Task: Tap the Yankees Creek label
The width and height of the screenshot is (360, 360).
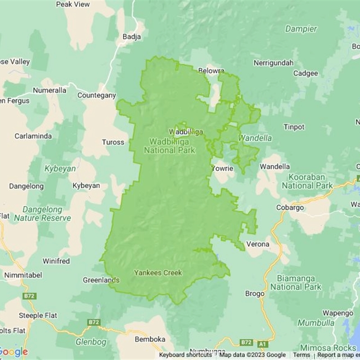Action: click(x=158, y=273)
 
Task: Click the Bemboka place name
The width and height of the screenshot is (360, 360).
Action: click(x=150, y=339)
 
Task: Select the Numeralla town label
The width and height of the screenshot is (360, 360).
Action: click(x=49, y=90)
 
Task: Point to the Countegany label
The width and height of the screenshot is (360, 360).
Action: click(x=96, y=95)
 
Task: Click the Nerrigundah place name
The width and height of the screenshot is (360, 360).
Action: click(x=273, y=63)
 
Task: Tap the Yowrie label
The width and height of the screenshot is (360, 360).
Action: click(x=223, y=169)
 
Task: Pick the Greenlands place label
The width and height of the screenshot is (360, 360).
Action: click(x=101, y=280)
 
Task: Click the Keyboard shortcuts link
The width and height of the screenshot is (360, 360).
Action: click(x=185, y=355)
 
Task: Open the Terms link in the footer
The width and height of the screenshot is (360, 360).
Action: click(x=301, y=355)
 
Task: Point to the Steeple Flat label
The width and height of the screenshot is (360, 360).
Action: click(x=38, y=315)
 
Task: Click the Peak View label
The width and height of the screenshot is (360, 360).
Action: click(x=72, y=4)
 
